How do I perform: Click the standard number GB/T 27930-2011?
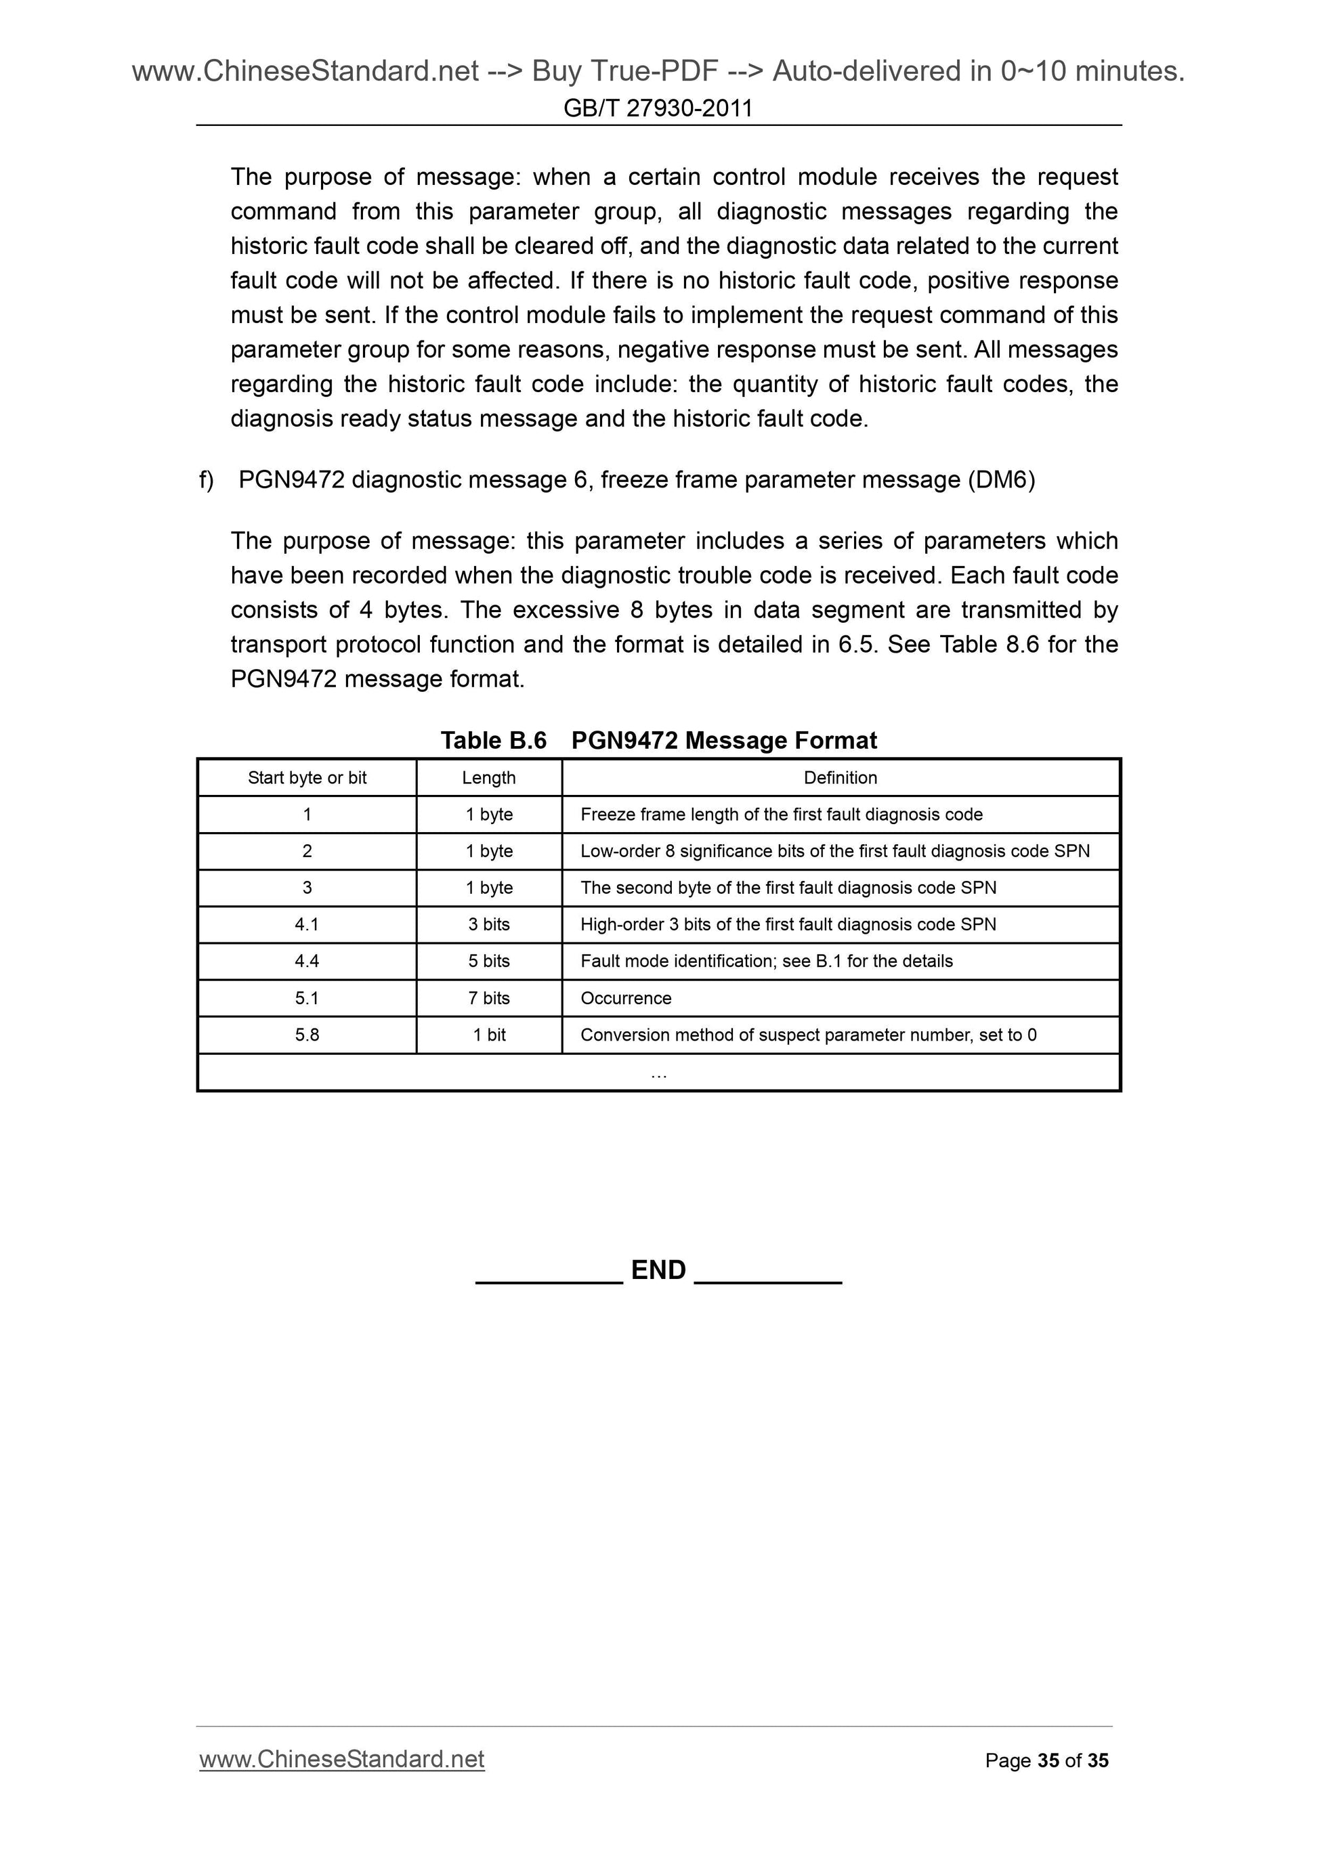(x=658, y=108)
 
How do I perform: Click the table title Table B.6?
(x=493, y=741)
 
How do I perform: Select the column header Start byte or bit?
(x=307, y=778)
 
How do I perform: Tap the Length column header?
(x=489, y=778)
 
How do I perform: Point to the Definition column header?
(x=841, y=778)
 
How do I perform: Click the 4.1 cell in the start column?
(x=307, y=925)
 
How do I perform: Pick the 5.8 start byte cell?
(x=307, y=1035)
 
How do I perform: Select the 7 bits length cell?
(x=489, y=999)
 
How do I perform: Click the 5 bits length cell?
(x=489, y=961)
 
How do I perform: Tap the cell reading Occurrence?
(x=626, y=999)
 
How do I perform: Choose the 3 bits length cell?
(x=489, y=925)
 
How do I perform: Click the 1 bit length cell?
(x=489, y=1035)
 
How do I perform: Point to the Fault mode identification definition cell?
(x=766, y=961)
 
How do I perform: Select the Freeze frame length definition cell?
(x=781, y=815)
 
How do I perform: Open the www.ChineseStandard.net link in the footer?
(x=342, y=1759)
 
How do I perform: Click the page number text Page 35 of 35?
(x=1046, y=1760)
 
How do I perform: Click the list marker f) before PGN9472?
(x=207, y=481)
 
